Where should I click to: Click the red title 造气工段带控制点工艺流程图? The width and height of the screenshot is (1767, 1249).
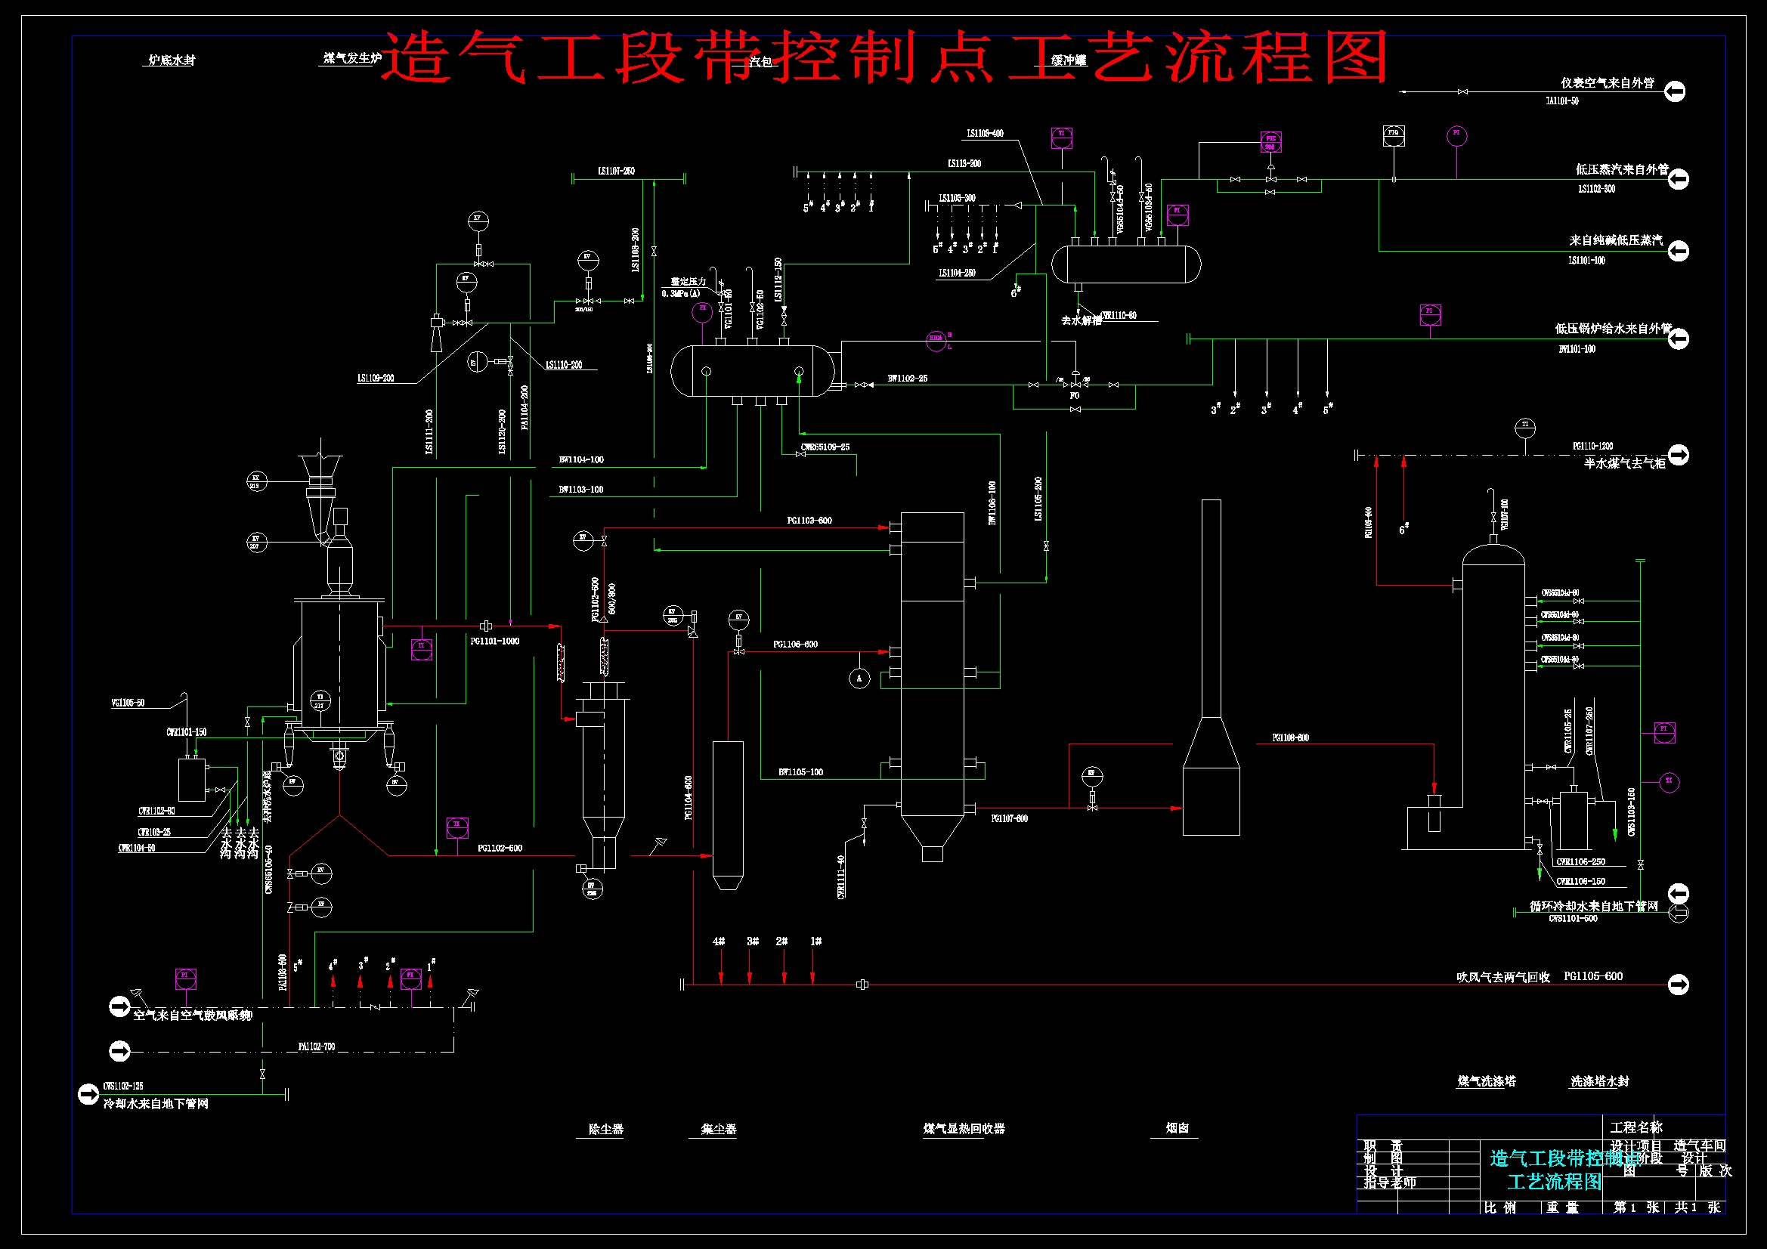[885, 57]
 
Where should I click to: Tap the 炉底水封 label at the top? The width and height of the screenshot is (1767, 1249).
[172, 60]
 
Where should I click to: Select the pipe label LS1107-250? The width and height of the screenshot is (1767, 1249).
[617, 171]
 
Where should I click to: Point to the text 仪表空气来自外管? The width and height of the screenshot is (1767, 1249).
[1607, 83]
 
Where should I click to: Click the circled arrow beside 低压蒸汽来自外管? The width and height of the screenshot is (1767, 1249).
[1679, 179]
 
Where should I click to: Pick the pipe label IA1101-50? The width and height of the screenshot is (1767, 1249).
[1561, 100]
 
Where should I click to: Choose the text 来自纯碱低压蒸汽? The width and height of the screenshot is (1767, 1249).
[1615, 240]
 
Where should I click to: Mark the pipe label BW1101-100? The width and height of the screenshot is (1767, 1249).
[1577, 349]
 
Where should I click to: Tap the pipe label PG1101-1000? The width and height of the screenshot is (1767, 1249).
[495, 641]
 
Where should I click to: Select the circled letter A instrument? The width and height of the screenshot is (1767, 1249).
[859, 678]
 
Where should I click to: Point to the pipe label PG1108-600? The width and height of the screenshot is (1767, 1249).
[1291, 738]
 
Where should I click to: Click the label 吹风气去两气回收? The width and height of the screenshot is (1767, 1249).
[1502, 977]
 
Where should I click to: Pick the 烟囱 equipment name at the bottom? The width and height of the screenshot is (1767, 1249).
[1177, 1128]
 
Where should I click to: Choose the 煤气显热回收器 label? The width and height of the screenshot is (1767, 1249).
[964, 1129]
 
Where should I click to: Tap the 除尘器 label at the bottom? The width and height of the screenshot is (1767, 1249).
[605, 1130]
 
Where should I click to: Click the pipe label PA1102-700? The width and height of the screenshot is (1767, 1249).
[317, 1047]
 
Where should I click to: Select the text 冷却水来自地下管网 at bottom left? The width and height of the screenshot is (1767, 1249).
[156, 1104]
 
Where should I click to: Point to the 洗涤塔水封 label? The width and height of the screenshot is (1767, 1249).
[1599, 1081]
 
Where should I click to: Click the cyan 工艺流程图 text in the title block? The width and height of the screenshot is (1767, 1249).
[1554, 1182]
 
